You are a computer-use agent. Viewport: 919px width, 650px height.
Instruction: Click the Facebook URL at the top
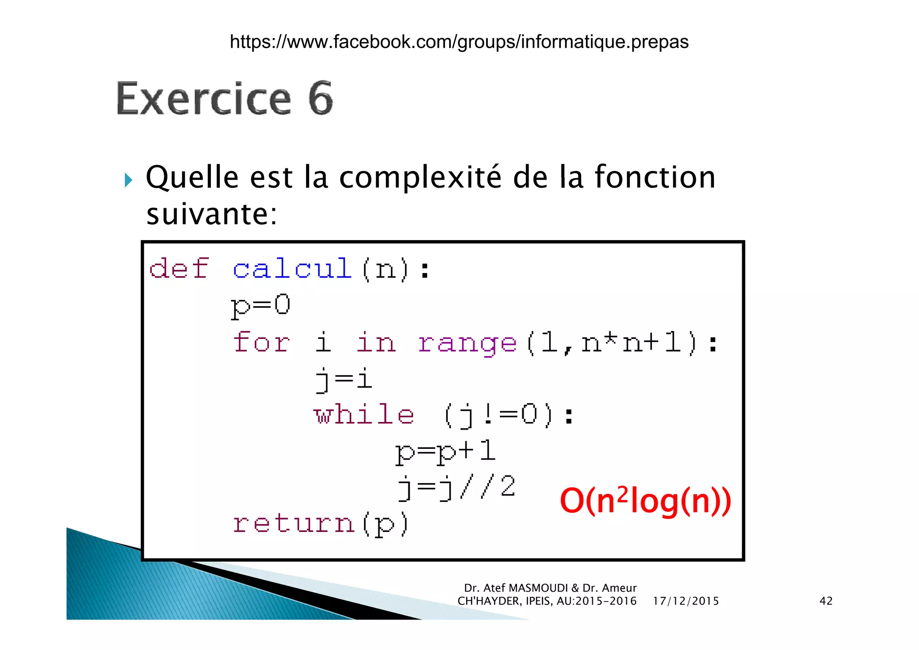coord(459,42)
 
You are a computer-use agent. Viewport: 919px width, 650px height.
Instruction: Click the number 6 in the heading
coord(320,98)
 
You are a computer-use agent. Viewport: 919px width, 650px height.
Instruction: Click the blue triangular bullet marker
coord(128,180)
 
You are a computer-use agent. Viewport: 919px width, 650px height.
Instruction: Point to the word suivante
coord(211,214)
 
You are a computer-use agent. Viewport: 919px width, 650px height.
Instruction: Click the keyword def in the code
coord(179,268)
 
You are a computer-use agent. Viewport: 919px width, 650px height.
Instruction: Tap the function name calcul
coord(292,268)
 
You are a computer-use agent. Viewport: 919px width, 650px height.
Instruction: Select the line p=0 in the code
coord(261,305)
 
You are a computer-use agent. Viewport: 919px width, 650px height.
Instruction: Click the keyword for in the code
coord(262,342)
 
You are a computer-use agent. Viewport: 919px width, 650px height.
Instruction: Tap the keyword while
coord(363,414)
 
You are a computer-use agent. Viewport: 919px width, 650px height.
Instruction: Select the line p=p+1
coord(445,451)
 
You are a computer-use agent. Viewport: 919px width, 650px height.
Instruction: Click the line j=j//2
coord(457,487)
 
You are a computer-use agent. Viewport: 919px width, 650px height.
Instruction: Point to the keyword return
coord(294,523)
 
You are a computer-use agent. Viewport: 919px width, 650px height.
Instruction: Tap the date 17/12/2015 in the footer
coord(686,601)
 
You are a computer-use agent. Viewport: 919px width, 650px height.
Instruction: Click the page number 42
coord(826,601)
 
